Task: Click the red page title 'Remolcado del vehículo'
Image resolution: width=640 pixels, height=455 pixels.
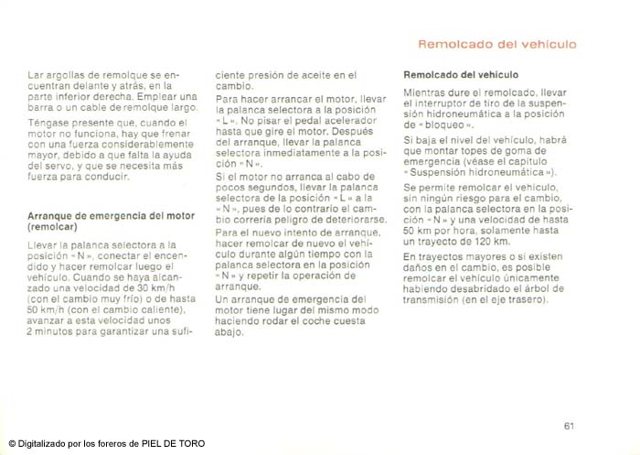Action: [496, 43]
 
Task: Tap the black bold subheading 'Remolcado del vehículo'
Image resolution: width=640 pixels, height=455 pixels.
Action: [461, 74]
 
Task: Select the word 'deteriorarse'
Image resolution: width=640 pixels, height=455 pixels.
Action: [344, 219]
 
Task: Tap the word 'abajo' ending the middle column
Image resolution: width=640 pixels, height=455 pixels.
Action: [229, 332]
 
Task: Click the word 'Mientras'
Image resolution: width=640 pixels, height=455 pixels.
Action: [428, 92]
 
